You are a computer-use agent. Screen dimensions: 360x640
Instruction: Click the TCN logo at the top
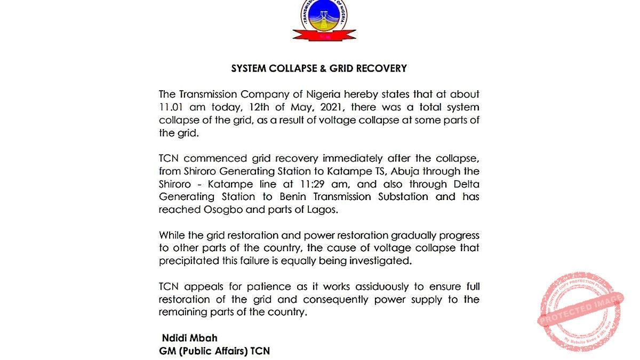coord(324,20)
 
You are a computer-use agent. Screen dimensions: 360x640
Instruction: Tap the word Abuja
coord(409,171)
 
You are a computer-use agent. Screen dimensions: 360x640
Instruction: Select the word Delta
coord(465,184)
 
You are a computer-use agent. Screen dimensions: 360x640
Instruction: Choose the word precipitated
coord(190,261)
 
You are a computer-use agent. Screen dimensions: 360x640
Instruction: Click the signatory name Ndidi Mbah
coord(189,338)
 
